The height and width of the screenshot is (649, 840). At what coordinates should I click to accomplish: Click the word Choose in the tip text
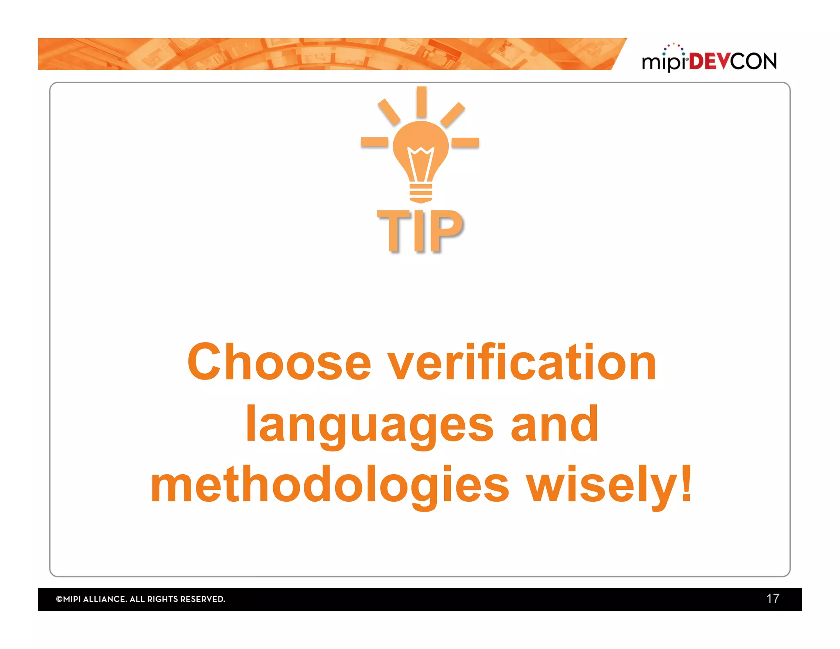pyautogui.click(x=279, y=363)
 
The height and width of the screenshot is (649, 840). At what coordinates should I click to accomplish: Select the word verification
pyautogui.click(x=522, y=363)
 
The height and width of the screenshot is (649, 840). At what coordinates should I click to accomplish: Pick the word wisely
pyautogui.click(x=601, y=485)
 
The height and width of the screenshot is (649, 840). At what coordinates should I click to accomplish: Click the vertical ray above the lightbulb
pyautogui.click(x=421, y=102)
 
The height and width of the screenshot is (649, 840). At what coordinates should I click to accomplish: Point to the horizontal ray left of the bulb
pyautogui.click(x=374, y=142)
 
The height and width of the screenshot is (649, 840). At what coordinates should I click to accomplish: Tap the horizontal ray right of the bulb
pyautogui.click(x=465, y=142)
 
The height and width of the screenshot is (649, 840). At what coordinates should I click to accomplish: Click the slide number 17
pyautogui.click(x=773, y=599)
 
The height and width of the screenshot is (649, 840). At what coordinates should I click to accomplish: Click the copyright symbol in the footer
pyautogui.click(x=59, y=599)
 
